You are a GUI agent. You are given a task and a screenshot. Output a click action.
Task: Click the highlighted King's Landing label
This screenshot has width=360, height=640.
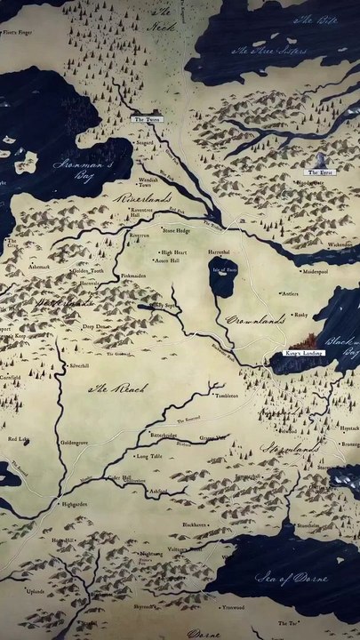tap(304, 353)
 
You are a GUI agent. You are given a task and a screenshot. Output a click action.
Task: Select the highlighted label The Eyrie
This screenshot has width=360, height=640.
tap(318, 172)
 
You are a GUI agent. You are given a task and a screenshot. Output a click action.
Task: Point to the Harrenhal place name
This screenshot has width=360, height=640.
tap(218, 252)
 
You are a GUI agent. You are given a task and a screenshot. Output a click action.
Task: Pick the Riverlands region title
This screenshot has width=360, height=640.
tap(138, 199)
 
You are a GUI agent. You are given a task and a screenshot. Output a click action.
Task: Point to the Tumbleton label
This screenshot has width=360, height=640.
tap(227, 396)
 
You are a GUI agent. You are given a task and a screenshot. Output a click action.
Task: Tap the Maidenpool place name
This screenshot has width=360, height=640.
tap(315, 271)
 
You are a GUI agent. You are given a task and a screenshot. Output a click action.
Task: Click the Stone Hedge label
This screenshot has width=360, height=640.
tap(176, 230)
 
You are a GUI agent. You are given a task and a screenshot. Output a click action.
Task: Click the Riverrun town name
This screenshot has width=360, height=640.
tap(140, 236)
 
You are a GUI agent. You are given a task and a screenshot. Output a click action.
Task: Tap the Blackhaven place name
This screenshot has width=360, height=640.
tap(195, 525)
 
